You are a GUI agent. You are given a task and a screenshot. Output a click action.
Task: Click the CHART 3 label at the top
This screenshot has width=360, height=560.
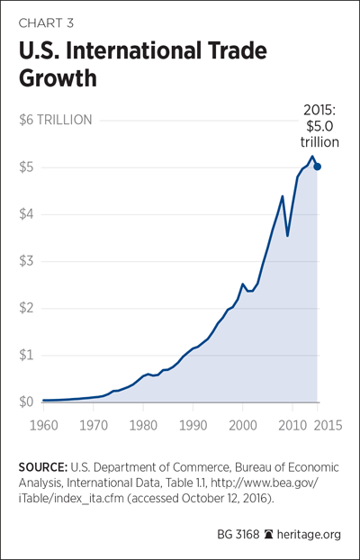coord(46,23)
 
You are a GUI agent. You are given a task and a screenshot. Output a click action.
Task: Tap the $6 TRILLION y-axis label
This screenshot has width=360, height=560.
coord(56,120)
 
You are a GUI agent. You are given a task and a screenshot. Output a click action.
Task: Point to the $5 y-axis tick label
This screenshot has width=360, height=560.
coord(27,167)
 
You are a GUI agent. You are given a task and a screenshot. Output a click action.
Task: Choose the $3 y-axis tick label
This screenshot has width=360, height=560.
coord(27,261)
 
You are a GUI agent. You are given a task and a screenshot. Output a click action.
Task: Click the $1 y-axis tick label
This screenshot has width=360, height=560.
coord(26,355)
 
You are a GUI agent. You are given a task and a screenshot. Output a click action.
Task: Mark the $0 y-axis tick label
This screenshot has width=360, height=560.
coord(27,402)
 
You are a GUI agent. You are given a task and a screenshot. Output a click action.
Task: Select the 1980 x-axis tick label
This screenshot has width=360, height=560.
coord(143,426)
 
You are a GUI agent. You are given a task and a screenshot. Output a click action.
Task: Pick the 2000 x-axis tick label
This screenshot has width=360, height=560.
coord(242,426)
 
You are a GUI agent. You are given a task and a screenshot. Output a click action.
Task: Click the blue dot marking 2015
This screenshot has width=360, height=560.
coord(317,167)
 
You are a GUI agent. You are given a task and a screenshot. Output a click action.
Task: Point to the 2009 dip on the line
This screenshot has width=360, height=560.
coord(287,236)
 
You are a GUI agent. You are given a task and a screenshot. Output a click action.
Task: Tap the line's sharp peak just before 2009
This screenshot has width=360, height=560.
coord(282,196)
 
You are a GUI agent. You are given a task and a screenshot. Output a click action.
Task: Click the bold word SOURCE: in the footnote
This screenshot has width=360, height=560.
coord(42,467)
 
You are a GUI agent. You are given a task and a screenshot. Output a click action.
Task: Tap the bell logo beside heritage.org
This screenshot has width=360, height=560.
coord(267,535)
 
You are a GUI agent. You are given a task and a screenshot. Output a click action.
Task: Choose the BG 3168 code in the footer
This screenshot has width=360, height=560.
coord(238,535)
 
